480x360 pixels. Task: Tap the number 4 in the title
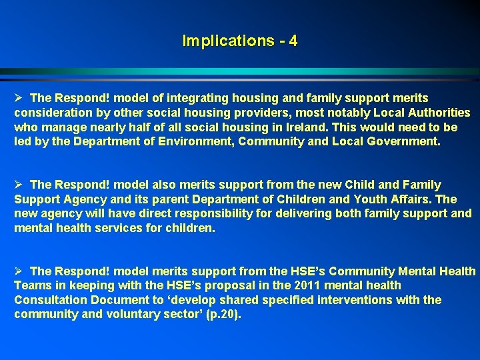point(293,41)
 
